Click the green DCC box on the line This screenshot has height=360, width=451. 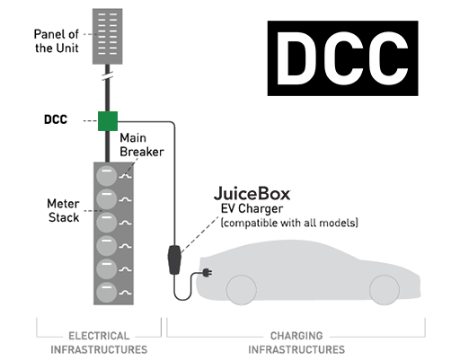click(x=108, y=120)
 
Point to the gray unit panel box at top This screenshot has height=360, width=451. click(x=108, y=32)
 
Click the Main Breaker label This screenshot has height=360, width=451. click(x=142, y=145)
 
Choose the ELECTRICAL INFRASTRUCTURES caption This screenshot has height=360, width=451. click(x=99, y=342)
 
